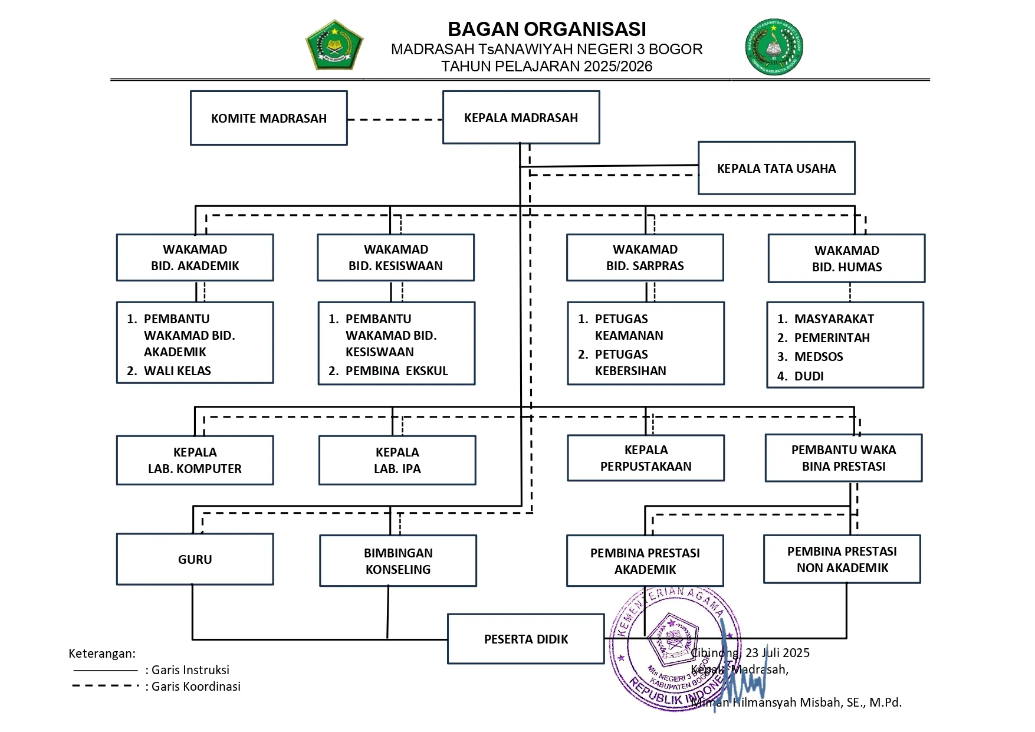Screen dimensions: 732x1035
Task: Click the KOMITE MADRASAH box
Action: click(268, 118)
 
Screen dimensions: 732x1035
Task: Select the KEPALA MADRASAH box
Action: click(521, 117)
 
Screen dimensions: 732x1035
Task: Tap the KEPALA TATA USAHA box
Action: click(776, 168)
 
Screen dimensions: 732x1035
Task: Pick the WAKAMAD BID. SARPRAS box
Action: click(645, 258)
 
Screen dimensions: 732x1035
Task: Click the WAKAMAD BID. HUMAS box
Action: click(846, 258)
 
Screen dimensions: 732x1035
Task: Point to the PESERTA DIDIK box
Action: click(525, 639)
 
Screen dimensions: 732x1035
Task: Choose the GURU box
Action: click(195, 559)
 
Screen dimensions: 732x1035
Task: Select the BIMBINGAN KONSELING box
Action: click(398, 561)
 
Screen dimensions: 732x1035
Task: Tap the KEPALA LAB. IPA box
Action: click(397, 460)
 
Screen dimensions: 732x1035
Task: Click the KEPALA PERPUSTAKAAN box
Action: click(646, 458)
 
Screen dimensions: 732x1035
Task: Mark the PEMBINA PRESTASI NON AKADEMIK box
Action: click(842, 559)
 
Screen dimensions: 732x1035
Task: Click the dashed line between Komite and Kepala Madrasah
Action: click(395, 120)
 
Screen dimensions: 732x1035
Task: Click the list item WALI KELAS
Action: click(177, 371)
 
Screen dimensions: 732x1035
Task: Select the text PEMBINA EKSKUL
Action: click(396, 371)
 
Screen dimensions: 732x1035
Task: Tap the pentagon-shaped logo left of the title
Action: click(334, 45)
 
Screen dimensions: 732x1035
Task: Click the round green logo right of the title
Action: click(774, 47)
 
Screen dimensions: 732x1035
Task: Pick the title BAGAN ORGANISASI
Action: click(547, 29)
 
